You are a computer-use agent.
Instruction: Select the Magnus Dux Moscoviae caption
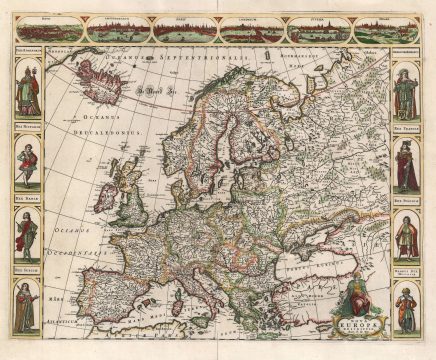coord(405,278)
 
